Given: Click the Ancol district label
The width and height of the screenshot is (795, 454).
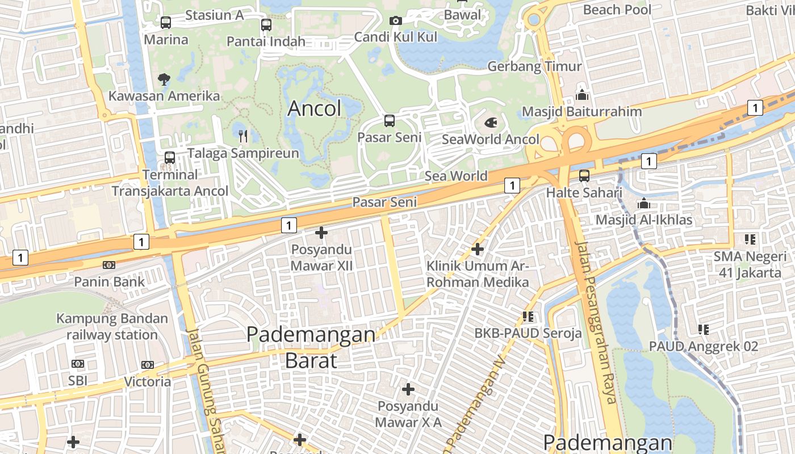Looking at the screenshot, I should [315, 108].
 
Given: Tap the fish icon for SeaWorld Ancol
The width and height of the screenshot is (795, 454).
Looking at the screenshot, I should [491, 122].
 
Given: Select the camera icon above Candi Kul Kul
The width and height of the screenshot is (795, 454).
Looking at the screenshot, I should [396, 20].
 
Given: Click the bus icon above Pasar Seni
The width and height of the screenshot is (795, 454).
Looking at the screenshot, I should [389, 120].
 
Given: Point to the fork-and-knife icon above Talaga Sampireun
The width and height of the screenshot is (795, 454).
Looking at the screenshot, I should [243, 136].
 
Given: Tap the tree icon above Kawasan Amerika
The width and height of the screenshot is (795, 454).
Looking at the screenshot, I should [164, 79].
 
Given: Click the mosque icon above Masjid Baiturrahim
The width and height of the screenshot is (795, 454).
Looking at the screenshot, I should [581, 94].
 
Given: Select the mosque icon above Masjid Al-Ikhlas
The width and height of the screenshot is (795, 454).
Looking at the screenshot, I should [643, 203].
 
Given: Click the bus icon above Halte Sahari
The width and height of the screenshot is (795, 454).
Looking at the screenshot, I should [584, 176].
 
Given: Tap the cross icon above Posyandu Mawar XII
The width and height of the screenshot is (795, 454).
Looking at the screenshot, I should [321, 233].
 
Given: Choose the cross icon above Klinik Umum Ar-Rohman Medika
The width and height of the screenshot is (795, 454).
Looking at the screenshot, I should [478, 249].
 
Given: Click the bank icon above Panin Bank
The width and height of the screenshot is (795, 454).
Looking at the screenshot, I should [109, 264].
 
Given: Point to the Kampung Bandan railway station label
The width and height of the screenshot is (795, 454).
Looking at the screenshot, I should [112, 326].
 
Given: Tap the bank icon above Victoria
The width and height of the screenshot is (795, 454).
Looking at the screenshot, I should [148, 364].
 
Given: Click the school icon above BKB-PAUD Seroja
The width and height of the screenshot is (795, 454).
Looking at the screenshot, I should [528, 316].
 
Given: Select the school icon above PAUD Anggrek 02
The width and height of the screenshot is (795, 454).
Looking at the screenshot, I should [704, 329].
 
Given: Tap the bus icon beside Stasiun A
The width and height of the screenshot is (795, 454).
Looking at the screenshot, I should [166, 23].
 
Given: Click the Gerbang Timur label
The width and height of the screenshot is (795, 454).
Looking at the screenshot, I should [534, 66].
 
